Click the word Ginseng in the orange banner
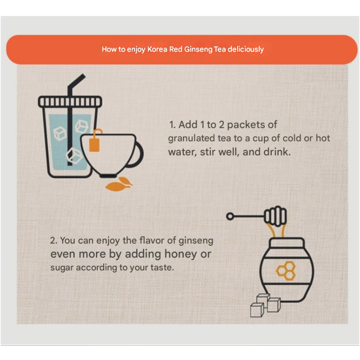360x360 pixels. (198, 50)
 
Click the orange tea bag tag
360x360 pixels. (94, 145)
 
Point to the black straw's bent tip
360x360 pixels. (83, 76)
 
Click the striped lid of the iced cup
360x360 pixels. (70, 101)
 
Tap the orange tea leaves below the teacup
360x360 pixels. (119, 184)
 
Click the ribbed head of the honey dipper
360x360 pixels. (275, 216)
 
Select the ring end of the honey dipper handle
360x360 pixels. (230, 216)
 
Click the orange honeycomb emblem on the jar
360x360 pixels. (286, 270)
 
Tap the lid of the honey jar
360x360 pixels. (287, 243)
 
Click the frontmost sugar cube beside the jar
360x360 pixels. (257, 310)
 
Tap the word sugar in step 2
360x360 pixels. (62, 268)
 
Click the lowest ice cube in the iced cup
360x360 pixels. (74, 155)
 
